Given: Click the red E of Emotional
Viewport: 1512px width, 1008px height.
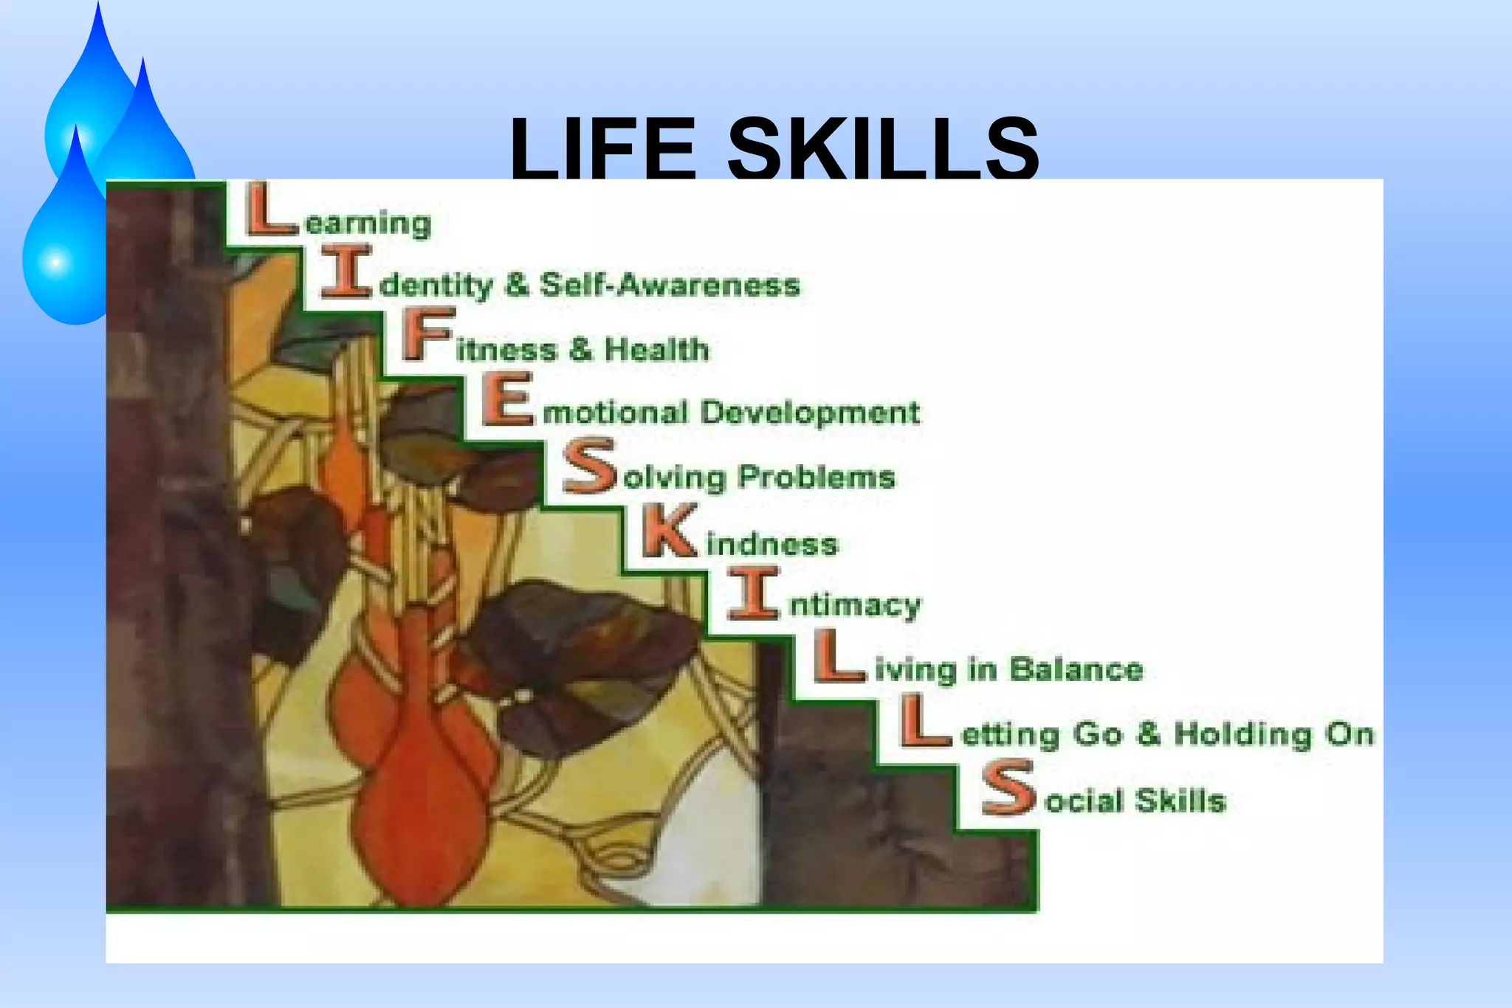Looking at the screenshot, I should coord(508,399).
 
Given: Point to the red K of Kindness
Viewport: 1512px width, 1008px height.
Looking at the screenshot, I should coord(669,531).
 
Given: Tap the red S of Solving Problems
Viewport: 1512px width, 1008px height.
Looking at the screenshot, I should coord(589,466).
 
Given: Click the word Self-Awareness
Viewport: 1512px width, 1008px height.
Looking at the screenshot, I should coord(670,285).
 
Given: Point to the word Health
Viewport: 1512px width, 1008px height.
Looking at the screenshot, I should coord(656,349).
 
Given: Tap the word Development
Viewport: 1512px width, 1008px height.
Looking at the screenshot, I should coord(810,412).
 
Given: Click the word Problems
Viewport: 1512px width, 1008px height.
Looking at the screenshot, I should coord(817,477).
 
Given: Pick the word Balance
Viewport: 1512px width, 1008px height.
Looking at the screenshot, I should coord(1076,669).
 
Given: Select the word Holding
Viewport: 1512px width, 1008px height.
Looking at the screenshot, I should coord(1244,734).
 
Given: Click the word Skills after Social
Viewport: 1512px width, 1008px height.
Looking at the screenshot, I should coord(1180,801).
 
